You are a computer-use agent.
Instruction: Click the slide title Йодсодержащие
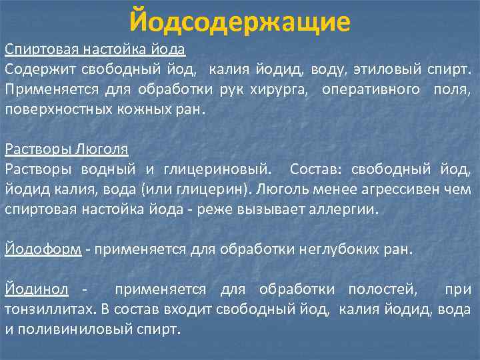(239, 22)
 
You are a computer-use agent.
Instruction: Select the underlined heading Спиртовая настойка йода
(95, 50)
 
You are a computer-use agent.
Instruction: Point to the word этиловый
(383, 69)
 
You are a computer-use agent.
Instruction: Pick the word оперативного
(371, 89)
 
